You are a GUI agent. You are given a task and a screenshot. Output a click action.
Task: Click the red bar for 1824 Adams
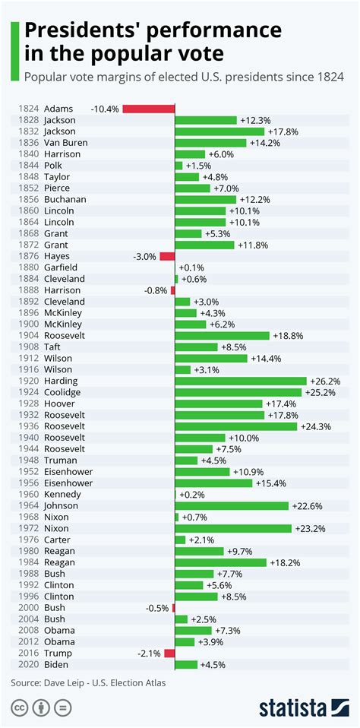click(x=148, y=109)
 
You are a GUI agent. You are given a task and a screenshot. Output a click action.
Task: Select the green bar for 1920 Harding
click(x=241, y=381)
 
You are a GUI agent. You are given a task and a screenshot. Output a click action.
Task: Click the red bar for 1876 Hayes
click(x=167, y=256)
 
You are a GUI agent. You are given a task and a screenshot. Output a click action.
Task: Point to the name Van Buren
click(x=65, y=143)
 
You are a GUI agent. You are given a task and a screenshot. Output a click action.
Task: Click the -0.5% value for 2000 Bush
click(x=156, y=608)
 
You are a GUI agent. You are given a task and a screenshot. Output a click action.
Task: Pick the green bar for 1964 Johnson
click(x=232, y=505)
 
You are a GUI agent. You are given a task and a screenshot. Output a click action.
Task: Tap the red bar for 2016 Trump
click(x=169, y=654)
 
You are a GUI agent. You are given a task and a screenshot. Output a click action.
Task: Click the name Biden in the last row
click(x=56, y=664)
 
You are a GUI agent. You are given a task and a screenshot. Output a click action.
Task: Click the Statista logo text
click(x=292, y=708)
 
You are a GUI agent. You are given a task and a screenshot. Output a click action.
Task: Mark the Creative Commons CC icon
click(x=19, y=708)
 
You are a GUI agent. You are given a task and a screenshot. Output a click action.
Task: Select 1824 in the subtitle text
click(x=331, y=76)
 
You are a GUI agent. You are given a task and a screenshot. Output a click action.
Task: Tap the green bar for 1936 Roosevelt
click(x=235, y=426)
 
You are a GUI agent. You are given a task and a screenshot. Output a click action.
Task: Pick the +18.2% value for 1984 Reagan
click(x=285, y=562)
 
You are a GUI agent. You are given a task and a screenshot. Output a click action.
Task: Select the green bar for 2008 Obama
click(x=194, y=631)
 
